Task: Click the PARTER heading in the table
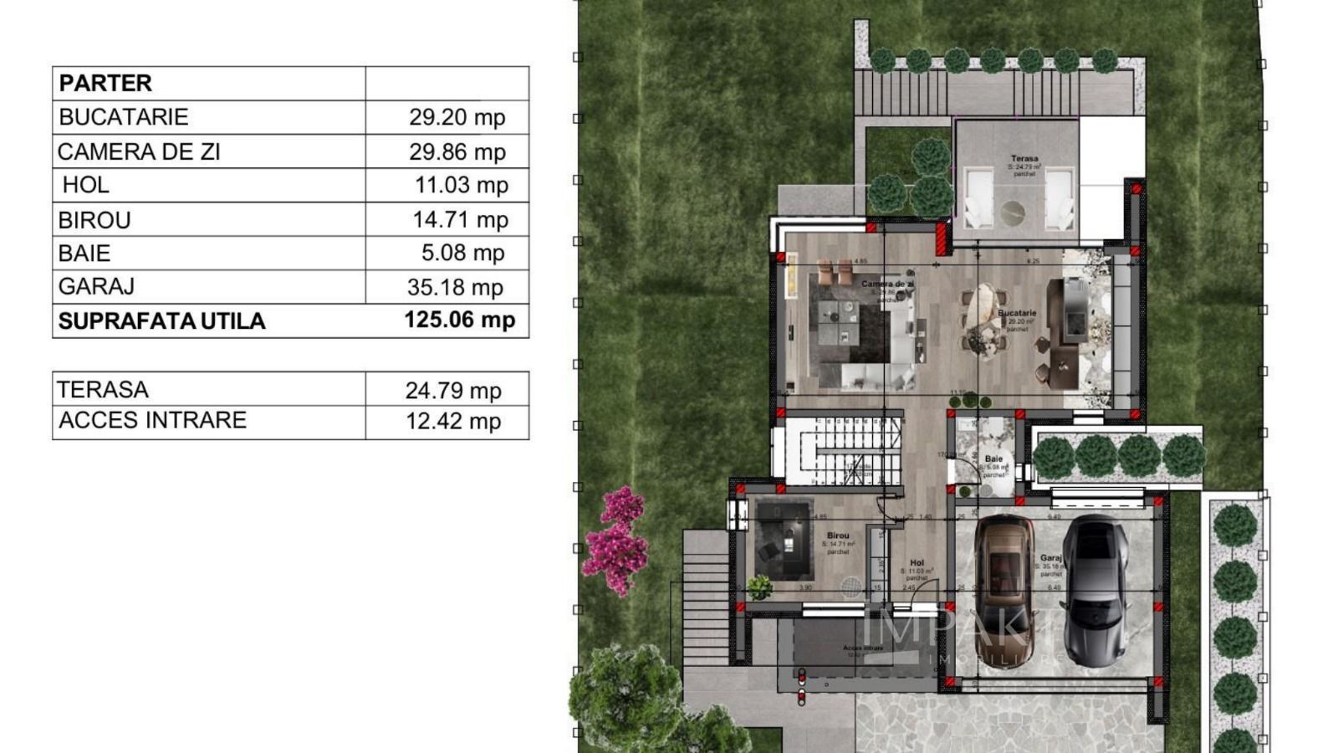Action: (105, 83)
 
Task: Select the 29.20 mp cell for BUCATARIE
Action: (457, 117)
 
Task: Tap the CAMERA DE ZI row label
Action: (139, 152)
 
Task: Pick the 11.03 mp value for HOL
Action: (462, 185)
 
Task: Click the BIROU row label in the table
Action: (94, 220)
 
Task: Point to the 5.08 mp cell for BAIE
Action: (462, 253)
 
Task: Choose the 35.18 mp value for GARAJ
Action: (455, 287)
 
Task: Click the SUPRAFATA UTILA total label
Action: (161, 321)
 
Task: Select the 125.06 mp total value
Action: (459, 320)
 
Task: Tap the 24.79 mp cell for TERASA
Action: (453, 390)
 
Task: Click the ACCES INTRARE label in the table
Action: (152, 420)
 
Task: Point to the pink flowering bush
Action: (617, 540)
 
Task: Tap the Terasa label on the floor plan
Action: (1024, 158)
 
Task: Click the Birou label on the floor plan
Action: (838, 535)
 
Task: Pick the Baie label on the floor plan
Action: (993, 458)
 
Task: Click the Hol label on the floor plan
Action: (917, 563)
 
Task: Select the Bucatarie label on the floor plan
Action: (1017, 314)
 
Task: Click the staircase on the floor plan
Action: (845, 452)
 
